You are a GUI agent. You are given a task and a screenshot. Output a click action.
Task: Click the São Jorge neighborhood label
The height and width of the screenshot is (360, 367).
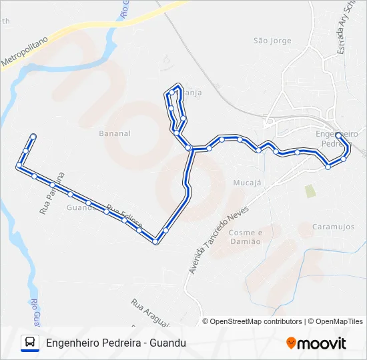(272, 41)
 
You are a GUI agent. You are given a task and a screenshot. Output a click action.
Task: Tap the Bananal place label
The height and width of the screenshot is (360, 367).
(115, 133)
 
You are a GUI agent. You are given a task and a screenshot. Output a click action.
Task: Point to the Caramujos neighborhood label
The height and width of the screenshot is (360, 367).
(333, 227)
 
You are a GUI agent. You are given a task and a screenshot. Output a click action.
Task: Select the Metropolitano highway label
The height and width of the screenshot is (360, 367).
(25, 51)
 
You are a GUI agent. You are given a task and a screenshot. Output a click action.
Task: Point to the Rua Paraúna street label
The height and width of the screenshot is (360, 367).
(51, 193)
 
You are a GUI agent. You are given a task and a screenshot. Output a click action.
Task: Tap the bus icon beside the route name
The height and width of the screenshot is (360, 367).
(30, 343)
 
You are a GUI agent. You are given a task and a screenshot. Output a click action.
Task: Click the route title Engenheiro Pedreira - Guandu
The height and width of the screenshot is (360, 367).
(116, 343)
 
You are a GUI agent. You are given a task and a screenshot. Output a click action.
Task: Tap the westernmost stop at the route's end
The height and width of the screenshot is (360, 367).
(19, 165)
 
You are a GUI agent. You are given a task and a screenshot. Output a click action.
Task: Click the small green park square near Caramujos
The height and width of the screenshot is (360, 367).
(310, 191)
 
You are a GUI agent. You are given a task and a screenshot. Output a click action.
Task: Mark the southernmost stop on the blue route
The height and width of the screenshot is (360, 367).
(155, 241)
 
